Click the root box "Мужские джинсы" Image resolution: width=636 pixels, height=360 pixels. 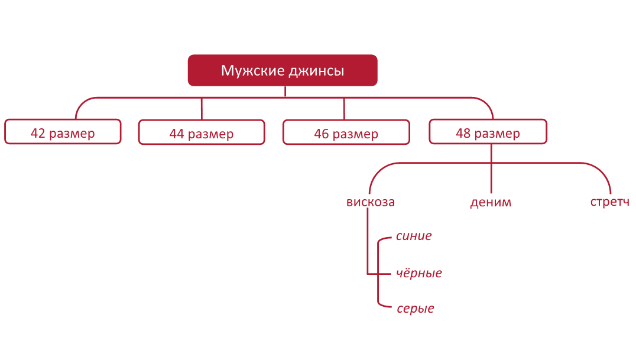click(283, 70)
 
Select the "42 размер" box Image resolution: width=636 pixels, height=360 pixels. click(63, 132)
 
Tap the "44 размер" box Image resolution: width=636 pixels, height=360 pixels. click(202, 132)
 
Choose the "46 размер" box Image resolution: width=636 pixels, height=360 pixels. click(346, 132)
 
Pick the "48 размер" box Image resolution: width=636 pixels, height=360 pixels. click(488, 132)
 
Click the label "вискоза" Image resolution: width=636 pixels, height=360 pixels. click(371, 202)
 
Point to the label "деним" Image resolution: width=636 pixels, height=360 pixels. click(491, 202)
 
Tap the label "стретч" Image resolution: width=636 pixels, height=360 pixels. click(610, 202)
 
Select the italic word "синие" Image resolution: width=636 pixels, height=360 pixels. click(414, 236)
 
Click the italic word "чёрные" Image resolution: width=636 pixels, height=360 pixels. click(419, 273)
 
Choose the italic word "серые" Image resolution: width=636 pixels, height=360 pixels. click(416, 309)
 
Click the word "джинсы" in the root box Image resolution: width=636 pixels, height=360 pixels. click(316, 71)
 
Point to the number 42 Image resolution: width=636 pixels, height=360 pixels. click(38, 133)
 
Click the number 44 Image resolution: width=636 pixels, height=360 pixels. click(177, 134)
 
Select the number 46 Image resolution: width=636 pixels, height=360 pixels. click(322, 134)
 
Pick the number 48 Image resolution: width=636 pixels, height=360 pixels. click(463, 133)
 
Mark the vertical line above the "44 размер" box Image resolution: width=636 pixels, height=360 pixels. click(202, 109)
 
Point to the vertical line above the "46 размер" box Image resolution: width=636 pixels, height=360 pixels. click(344, 109)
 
